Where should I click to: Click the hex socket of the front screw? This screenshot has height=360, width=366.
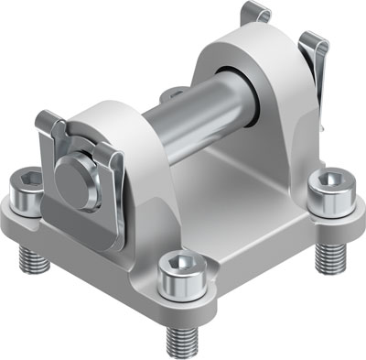point(177,266)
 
